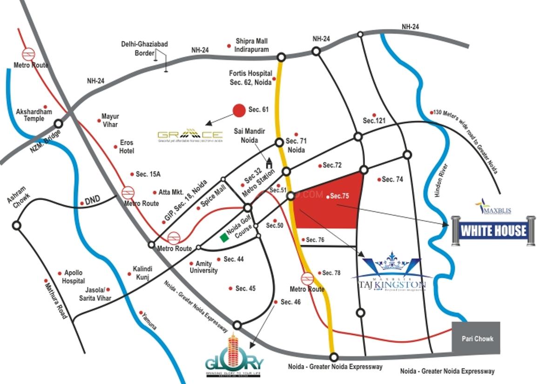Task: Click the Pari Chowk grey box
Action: tap(476, 338)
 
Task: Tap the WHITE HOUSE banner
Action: tap(493, 230)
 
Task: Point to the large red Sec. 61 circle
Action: tap(239, 110)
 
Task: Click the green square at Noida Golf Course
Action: tap(224, 238)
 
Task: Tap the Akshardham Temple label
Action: tap(34, 115)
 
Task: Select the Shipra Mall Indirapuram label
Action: tap(252, 45)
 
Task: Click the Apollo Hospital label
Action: tap(74, 277)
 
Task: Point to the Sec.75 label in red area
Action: tap(339, 196)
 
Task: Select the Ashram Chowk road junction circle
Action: tap(17, 226)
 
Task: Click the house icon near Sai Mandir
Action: tap(269, 163)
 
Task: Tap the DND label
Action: tap(93, 202)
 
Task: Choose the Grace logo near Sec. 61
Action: tap(190, 135)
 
